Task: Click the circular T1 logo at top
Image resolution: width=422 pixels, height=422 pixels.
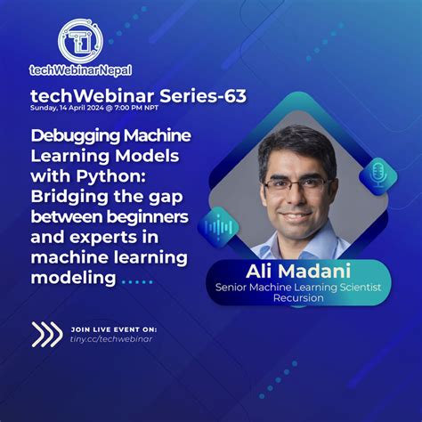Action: coord(80,40)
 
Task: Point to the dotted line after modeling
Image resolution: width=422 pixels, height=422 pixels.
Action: coord(138,282)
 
